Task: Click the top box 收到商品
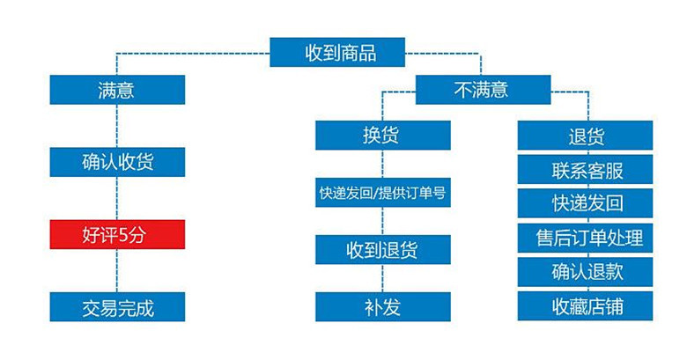[x=337, y=53]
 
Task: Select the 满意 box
[x=117, y=90]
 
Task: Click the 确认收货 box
[x=117, y=162]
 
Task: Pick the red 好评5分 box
[x=117, y=235]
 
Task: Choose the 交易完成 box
[x=117, y=307]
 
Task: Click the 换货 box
[x=383, y=136]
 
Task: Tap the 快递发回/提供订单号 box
[x=383, y=193]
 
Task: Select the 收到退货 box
[x=383, y=250]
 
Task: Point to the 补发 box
[x=383, y=307]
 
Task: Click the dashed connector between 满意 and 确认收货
[x=117, y=126]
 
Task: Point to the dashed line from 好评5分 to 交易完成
[x=117, y=271]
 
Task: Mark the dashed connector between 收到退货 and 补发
[x=383, y=278]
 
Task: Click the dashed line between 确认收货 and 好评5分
[x=117, y=198]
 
